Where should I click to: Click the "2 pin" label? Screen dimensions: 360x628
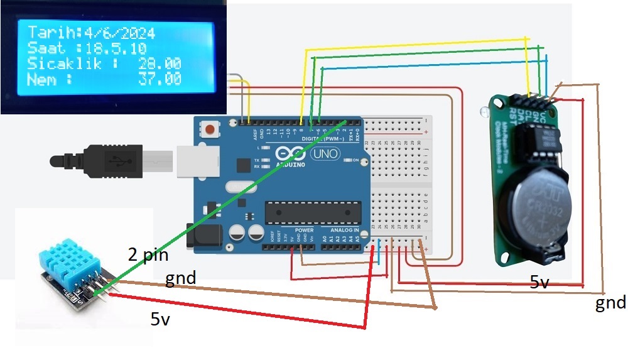pos(148,255)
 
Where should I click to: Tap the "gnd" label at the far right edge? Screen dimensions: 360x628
pos(610,303)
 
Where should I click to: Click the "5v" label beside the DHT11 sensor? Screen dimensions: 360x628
pos(160,319)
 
